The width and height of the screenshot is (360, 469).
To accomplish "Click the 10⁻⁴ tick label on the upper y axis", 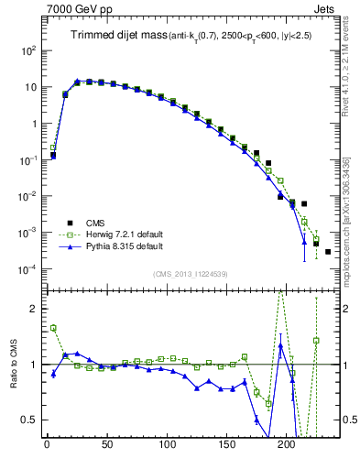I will [x=27, y=269].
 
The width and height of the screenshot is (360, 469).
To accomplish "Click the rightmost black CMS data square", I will [x=328, y=251].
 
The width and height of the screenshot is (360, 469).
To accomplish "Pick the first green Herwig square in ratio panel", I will [x=53, y=328].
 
